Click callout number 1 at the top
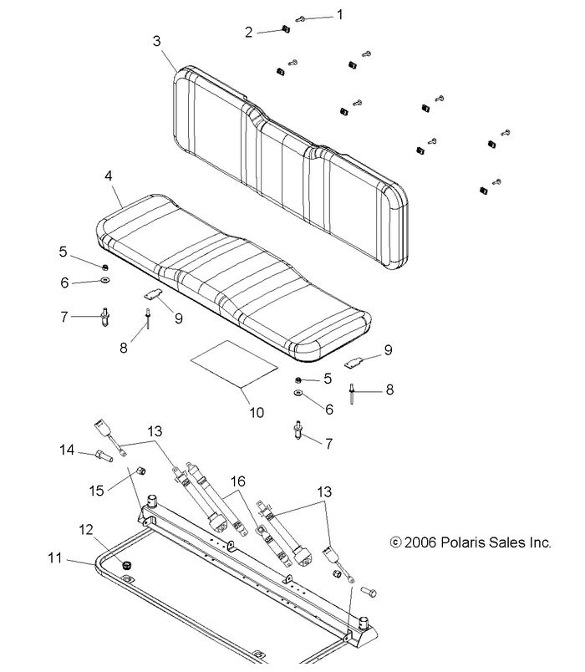click(x=339, y=14)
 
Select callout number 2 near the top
click(x=248, y=32)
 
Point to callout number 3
click(x=158, y=40)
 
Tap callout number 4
click(x=108, y=177)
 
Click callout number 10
click(x=257, y=412)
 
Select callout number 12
click(x=84, y=529)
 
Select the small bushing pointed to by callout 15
click(x=141, y=471)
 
